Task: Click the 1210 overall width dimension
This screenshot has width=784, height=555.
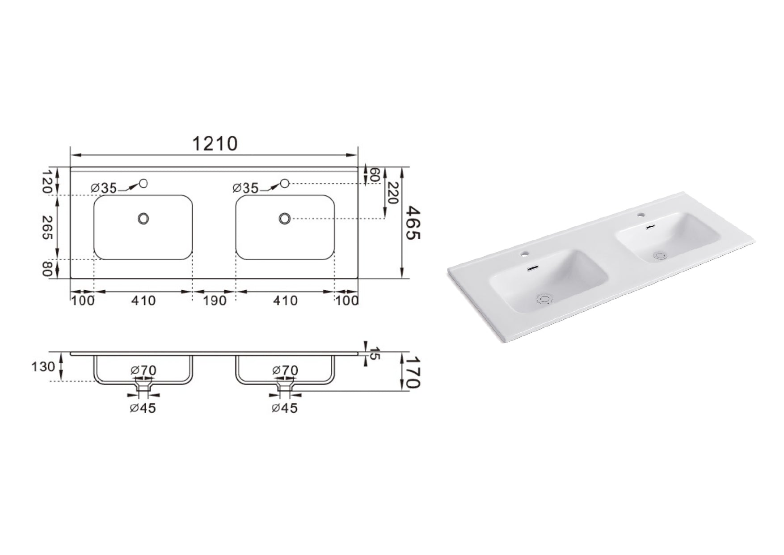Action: (x=215, y=144)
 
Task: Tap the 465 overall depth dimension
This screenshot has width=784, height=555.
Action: (x=414, y=223)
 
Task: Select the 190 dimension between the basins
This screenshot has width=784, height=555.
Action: (x=215, y=301)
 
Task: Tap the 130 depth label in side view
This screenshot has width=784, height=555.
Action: (x=44, y=367)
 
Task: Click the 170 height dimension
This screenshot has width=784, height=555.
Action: (x=414, y=372)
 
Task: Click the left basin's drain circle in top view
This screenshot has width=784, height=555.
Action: (x=143, y=219)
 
